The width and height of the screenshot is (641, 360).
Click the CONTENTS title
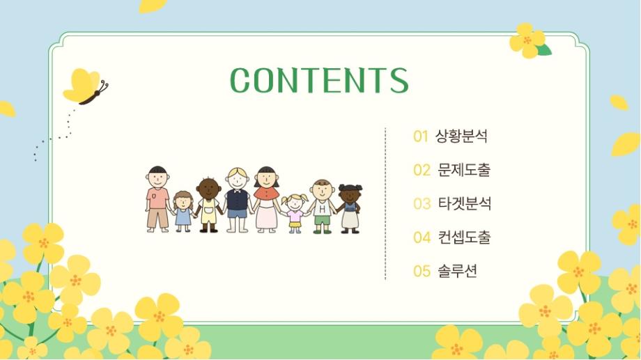tap(319, 80)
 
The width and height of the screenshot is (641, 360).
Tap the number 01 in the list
tap(421, 136)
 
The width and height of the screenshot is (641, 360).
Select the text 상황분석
tap(461, 136)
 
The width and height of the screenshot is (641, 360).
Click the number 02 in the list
tap(422, 170)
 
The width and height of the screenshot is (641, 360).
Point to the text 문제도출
tap(464, 170)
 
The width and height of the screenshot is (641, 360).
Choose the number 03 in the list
tap(422, 203)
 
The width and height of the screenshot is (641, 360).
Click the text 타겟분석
tap(465, 203)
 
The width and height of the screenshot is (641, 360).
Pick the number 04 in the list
tap(422, 237)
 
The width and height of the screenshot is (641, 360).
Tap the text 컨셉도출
tap(464, 237)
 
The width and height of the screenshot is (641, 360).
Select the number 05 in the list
tap(422, 271)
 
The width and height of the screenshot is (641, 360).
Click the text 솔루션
tap(457, 270)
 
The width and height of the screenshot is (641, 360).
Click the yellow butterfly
tap(84, 86)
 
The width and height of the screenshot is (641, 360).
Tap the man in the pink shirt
tap(157, 199)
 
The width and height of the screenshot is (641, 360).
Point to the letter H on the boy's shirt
tap(323, 209)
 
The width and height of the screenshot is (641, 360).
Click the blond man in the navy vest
tap(237, 200)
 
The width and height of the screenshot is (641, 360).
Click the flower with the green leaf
tap(530, 41)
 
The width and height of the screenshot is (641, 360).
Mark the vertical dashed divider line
tap(385, 203)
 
